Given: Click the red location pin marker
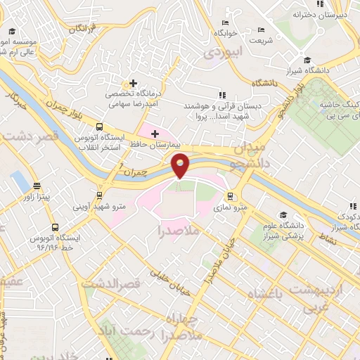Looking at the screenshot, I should pyautogui.click(x=181, y=165).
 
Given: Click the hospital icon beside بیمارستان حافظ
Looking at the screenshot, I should pyautogui.click(x=155, y=133).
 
